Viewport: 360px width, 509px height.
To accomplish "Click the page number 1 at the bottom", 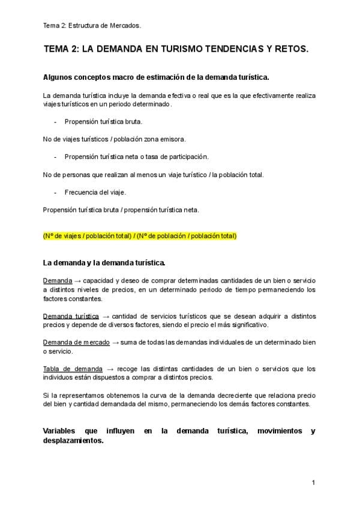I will pyautogui.click(x=313, y=482).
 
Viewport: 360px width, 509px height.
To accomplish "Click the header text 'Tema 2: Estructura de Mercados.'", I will pyautogui.click(x=92, y=25).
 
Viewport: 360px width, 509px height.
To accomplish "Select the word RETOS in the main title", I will pyautogui.click(x=292, y=52).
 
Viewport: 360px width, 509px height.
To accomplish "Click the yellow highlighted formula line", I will pyautogui.click(x=140, y=235).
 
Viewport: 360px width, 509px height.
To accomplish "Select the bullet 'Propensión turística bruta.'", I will pyautogui.click(x=103, y=121).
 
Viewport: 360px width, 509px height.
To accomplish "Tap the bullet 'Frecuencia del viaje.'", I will pyautogui.click(x=95, y=192).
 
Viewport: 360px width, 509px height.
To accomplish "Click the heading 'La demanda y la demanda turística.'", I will pyautogui.click(x=104, y=262).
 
